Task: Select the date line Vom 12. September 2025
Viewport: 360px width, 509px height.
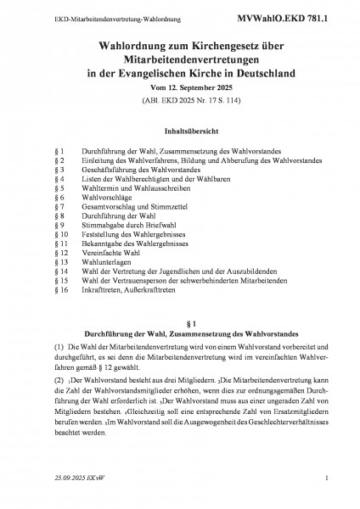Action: [179, 87]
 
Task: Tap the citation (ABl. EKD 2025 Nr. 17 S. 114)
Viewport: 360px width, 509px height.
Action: [179, 101]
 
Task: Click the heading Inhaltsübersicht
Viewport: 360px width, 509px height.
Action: [179, 132]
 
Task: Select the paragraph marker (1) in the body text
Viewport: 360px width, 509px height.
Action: [37, 372]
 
